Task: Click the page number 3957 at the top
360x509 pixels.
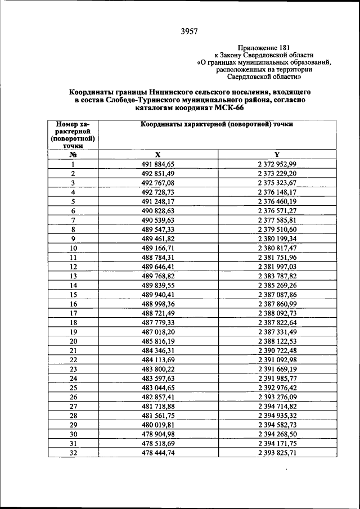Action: pyautogui.click(x=189, y=31)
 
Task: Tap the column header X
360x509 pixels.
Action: pyautogui.click(x=158, y=155)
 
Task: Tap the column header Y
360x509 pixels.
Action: pyautogui.click(x=277, y=155)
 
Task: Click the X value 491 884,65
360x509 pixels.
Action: pyautogui.click(x=158, y=164)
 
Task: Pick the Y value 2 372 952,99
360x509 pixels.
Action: pyautogui.click(x=277, y=164)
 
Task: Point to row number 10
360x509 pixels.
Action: pyautogui.click(x=73, y=247)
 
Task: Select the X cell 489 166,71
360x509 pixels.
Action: pyautogui.click(x=158, y=247)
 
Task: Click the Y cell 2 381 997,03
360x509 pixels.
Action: pyautogui.click(x=277, y=266)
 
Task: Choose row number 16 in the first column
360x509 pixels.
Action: pyautogui.click(x=73, y=303)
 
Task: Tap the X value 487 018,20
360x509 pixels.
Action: pyautogui.click(x=158, y=331)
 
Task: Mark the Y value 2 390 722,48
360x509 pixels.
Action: pyautogui.click(x=277, y=350)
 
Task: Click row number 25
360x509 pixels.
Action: pyautogui.click(x=73, y=387)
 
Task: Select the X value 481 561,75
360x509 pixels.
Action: pyautogui.click(x=158, y=415)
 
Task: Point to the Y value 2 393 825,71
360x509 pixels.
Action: pyautogui.click(x=277, y=452)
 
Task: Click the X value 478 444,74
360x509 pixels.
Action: pyautogui.click(x=158, y=452)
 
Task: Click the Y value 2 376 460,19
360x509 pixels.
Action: pyautogui.click(x=277, y=201)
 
